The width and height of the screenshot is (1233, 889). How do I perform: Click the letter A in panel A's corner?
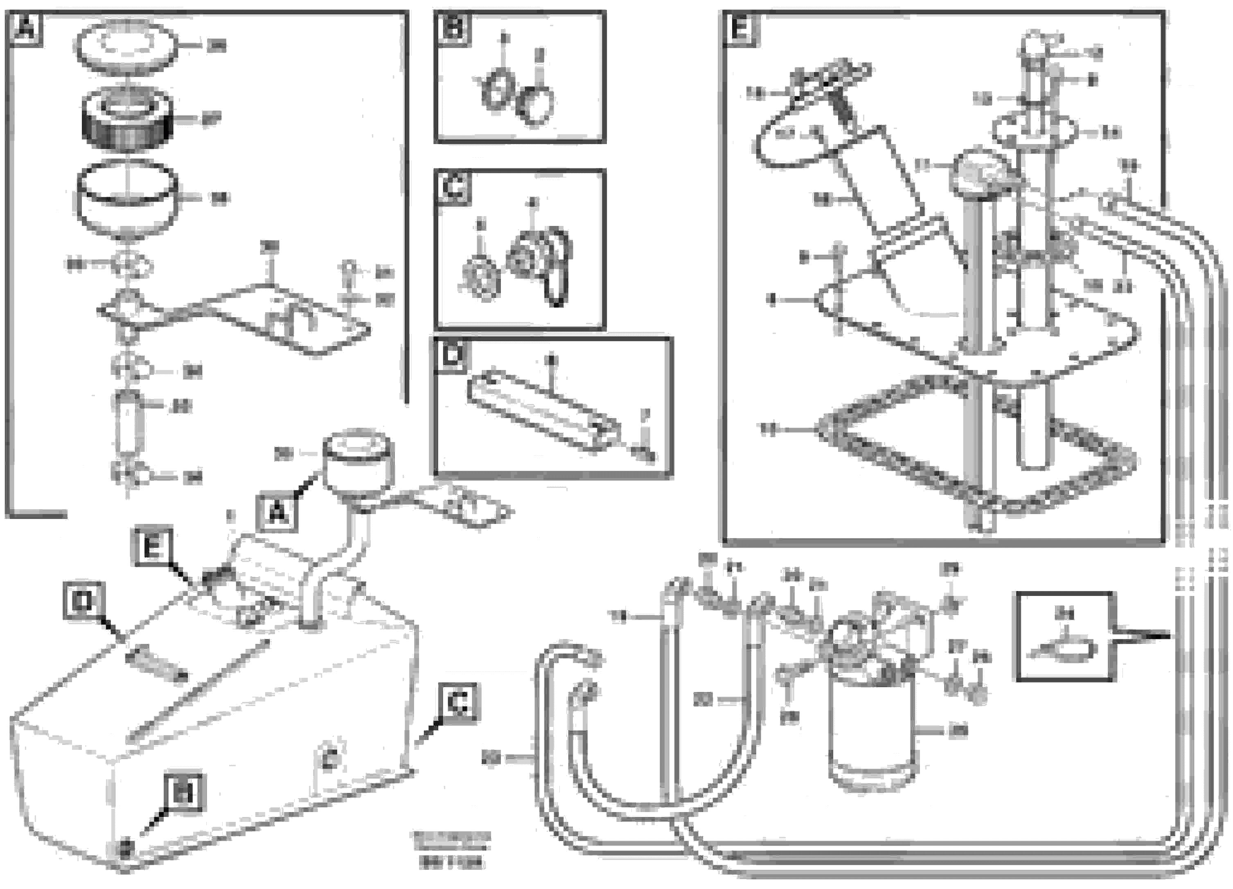[25, 29]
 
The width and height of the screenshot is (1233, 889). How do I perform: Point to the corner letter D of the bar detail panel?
[452, 354]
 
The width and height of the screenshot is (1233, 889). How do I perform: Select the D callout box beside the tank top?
[84, 601]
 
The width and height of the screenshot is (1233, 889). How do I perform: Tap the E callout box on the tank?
[152, 546]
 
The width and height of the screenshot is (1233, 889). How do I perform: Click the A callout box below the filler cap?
[278, 512]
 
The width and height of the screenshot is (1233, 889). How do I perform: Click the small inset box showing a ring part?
[1064, 636]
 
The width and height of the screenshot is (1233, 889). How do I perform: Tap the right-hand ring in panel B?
[536, 106]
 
